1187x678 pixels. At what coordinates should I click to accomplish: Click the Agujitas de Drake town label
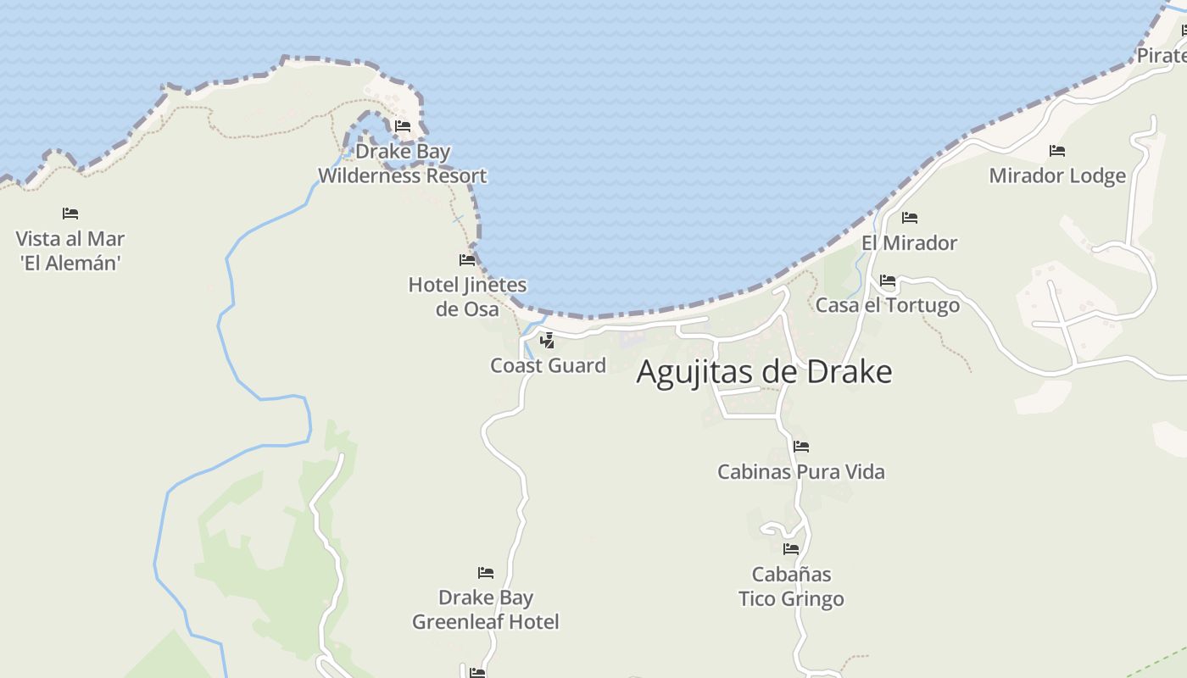point(764,372)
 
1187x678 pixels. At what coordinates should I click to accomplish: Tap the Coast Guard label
point(548,365)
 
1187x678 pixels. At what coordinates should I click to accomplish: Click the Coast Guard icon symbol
point(548,341)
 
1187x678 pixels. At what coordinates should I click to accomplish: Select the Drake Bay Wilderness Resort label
point(402,164)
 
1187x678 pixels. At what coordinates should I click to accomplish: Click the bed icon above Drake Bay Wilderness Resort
point(403,126)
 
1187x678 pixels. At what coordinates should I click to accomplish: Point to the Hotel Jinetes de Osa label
point(467,297)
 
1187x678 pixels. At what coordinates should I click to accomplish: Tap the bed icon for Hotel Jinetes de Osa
point(467,259)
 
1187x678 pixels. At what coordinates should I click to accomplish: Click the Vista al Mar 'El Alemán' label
point(70,251)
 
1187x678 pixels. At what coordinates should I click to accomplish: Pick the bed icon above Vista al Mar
point(70,213)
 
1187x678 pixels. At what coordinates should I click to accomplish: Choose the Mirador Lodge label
point(1057,175)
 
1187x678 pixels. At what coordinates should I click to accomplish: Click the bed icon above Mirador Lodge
point(1057,151)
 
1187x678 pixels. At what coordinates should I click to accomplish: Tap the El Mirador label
point(909,243)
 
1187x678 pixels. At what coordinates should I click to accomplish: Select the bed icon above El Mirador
point(910,218)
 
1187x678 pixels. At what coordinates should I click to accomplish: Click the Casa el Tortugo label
point(888,305)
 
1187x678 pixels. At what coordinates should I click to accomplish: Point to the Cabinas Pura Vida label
point(801,471)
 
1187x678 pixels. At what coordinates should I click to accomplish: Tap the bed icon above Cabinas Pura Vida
point(801,447)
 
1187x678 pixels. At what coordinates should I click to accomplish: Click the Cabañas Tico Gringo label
point(791,586)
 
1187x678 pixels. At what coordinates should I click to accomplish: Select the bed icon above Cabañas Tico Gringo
point(791,549)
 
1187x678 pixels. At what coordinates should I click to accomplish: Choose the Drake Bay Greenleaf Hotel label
point(486,609)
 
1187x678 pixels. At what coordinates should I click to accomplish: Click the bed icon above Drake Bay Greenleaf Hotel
point(486,573)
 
